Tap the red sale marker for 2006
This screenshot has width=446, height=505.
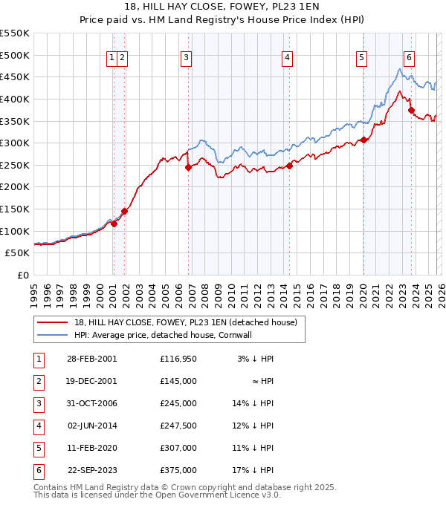[x=188, y=167]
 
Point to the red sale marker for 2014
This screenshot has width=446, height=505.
[x=289, y=166]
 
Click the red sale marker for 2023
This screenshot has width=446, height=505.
[x=411, y=111]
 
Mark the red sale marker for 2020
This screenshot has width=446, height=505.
[x=364, y=140]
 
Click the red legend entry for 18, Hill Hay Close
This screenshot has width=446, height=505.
[x=186, y=322]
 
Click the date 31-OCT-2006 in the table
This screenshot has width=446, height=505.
[x=91, y=403]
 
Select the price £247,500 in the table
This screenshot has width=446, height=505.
[x=178, y=426]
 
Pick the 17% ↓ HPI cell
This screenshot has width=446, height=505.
[x=253, y=470]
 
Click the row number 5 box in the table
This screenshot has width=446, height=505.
[x=38, y=448]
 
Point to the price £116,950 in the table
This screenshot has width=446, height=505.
[x=178, y=359]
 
